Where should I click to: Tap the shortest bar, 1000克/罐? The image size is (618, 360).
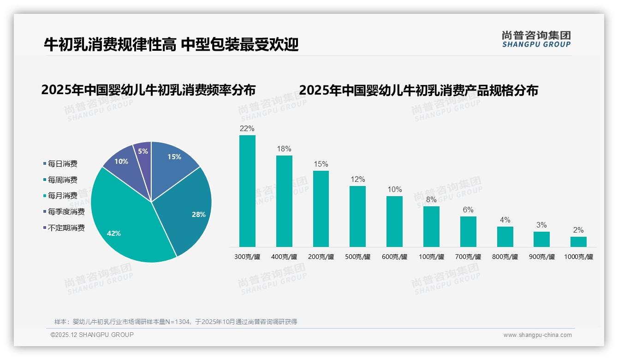[x=578, y=242]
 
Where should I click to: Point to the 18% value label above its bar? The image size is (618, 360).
[x=284, y=149]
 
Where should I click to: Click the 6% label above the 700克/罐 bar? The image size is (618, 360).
[x=468, y=210]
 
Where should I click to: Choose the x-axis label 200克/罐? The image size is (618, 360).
[x=321, y=257]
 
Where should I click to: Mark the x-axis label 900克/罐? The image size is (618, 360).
[x=542, y=257]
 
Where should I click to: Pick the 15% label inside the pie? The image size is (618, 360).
[x=174, y=157]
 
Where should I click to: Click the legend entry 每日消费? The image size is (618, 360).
[x=62, y=163]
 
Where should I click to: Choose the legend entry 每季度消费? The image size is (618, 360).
[x=66, y=211]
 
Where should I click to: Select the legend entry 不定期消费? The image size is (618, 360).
[x=66, y=228]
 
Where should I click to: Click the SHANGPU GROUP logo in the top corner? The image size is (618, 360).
[x=536, y=39]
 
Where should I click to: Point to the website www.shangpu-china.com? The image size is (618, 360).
[x=537, y=335]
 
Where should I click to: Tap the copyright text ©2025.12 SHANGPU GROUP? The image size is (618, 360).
[x=92, y=335]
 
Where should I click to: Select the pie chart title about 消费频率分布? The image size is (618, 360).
[x=148, y=90]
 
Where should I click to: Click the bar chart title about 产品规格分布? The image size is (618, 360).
[x=418, y=90]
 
